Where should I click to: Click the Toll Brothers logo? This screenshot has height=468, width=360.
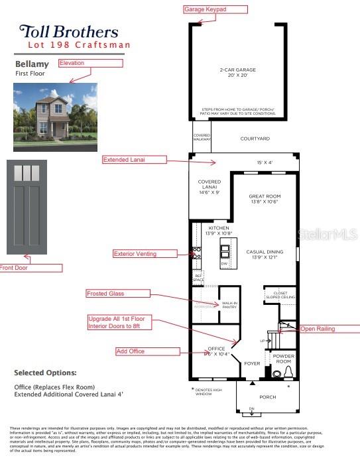pos(69,31)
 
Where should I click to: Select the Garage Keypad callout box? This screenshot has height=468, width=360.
pos(215,9)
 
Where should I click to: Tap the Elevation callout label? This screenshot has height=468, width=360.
pos(90,63)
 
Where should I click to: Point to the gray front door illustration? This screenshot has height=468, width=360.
pos(28,207)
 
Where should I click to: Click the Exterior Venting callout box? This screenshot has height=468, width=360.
pos(145,253)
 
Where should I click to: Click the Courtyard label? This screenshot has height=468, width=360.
pos(255,139)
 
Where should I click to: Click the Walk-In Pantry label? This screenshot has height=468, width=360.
pos(229,305)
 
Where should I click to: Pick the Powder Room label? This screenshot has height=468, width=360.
pos(283,359)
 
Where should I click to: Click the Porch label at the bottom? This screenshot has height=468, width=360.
pos(267,397)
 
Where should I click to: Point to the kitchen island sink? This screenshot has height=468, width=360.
pos(225,251)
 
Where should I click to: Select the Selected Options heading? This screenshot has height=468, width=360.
pos(45,373)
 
